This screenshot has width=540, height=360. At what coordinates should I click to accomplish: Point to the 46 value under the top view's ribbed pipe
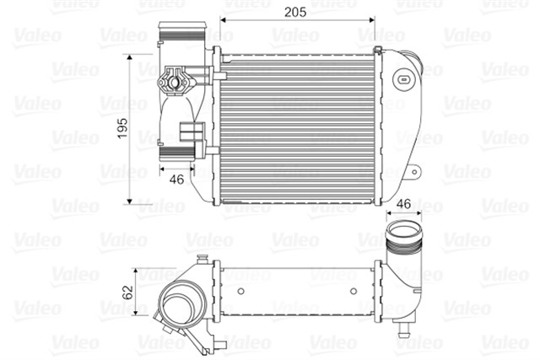click(x=176, y=179)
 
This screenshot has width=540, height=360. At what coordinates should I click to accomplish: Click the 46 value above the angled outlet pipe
click(x=403, y=204)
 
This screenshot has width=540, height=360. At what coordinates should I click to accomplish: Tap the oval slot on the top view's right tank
click(x=405, y=81)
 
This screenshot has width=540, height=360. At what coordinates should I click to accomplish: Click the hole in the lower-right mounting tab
click(x=413, y=173)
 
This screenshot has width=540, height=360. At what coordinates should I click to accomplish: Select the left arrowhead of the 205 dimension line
click(x=224, y=19)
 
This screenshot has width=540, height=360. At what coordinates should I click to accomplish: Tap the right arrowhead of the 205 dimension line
click(x=378, y=19)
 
